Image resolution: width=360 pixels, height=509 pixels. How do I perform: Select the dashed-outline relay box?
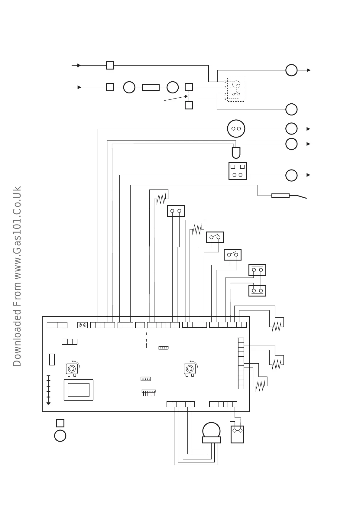click(x=236, y=89)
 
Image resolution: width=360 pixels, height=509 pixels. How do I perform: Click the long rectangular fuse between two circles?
click(x=151, y=87)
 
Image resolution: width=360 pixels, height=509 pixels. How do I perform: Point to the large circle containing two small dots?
click(x=236, y=129)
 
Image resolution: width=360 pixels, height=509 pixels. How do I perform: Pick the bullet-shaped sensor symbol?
click(x=236, y=153)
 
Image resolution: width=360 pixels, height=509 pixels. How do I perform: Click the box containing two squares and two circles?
click(x=237, y=171)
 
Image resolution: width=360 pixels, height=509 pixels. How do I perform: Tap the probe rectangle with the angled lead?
click(x=281, y=196)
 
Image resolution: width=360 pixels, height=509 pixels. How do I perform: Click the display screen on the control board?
click(x=79, y=390)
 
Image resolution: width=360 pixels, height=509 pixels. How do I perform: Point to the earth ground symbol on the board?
click(x=48, y=403)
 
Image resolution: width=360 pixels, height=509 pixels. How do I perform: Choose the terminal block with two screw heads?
click(x=83, y=325)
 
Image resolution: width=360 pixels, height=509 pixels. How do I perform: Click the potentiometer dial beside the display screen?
click(x=72, y=369)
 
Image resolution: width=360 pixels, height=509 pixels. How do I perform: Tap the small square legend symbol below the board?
click(x=60, y=423)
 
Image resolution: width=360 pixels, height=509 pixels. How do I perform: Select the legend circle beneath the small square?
click(x=60, y=436)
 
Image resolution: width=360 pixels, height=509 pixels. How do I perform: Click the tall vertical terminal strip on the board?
click(x=241, y=363)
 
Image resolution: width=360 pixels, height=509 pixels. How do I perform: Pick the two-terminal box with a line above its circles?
click(x=257, y=270)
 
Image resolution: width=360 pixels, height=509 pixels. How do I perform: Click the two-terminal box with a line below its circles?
click(x=257, y=290)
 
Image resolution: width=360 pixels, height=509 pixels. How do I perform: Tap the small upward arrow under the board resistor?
click(x=147, y=345)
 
